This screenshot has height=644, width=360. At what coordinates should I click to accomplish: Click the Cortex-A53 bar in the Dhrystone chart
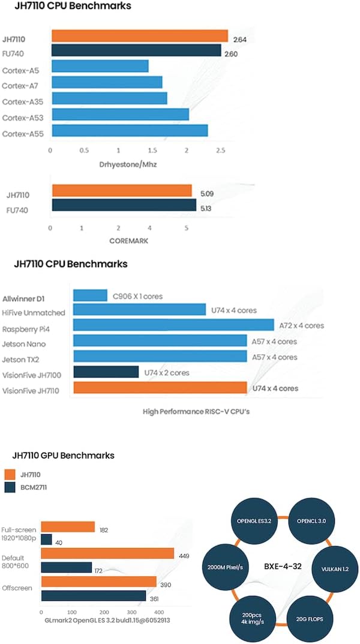[x=121, y=114]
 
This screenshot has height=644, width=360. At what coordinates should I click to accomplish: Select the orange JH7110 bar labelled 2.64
[x=140, y=36]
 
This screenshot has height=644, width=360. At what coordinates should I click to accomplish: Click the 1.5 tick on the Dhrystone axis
[x=153, y=149]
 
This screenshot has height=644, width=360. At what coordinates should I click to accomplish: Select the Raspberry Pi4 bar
[x=173, y=325]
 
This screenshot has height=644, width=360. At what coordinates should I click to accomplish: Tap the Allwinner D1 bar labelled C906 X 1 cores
[x=90, y=295]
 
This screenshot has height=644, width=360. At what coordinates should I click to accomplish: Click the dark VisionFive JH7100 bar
[x=106, y=372]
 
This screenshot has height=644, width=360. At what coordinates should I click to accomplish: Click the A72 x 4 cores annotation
[x=301, y=326]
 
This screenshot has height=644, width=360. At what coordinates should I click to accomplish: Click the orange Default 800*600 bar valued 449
[x=107, y=553]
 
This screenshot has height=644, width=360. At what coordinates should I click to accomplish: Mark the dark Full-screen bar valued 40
[x=46, y=540]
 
